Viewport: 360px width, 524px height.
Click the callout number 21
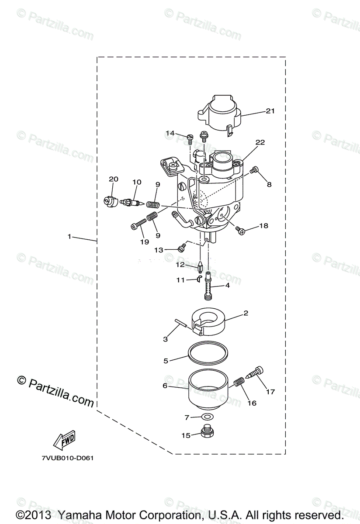coord(270,111)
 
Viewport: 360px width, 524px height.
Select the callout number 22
coord(260,143)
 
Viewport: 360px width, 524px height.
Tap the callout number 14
coord(170,133)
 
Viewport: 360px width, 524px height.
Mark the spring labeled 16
coord(239,383)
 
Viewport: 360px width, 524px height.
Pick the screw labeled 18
coord(241,229)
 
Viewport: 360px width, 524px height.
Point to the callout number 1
coord(69,236)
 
